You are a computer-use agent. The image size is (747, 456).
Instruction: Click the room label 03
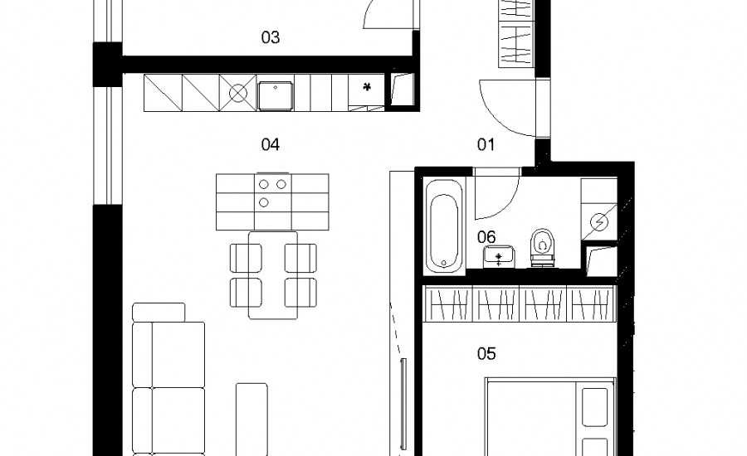tap(270, 37)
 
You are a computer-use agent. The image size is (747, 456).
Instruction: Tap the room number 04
tap(270, 144)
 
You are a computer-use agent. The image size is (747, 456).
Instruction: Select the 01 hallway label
tap(486, 144)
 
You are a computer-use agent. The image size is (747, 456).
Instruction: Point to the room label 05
tap(486, 354)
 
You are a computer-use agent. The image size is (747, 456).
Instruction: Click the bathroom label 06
tap(486, 236)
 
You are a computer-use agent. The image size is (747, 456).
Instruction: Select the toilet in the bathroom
tap(543, 246)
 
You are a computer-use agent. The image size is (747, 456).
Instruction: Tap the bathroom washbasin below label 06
tap(499, 257)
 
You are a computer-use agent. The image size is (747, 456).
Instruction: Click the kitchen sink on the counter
tap(276, 95)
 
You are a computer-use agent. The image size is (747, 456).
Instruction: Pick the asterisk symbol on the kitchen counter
tap(366, 86)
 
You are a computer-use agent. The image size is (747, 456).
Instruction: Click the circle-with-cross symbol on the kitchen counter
tap(237, 93)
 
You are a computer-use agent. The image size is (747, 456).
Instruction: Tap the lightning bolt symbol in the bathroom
tap(599, 222)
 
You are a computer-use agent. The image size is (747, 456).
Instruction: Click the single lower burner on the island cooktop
tap(264, 203)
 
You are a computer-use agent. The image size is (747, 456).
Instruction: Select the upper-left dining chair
tap(246, 259)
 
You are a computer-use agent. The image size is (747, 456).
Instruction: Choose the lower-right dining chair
tap(301, 293)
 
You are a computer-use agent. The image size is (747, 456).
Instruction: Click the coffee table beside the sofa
tap(251, 419)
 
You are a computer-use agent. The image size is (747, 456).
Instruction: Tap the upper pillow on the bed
tap(594, 406)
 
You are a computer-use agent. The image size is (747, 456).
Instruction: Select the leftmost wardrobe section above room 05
tap(448, 303)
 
